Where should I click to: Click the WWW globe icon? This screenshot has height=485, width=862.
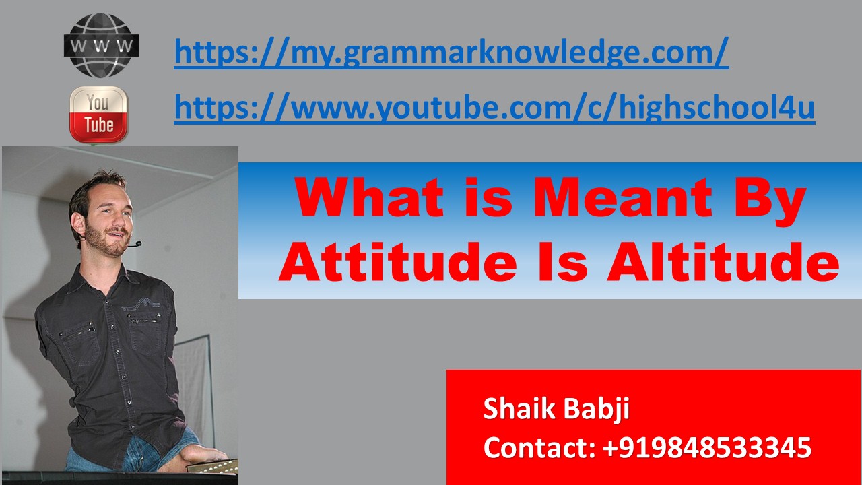(x=101, y=46)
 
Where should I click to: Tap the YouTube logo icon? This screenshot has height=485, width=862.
(x=98, y=115)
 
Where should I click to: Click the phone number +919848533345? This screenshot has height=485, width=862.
(x=704, y=447)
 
